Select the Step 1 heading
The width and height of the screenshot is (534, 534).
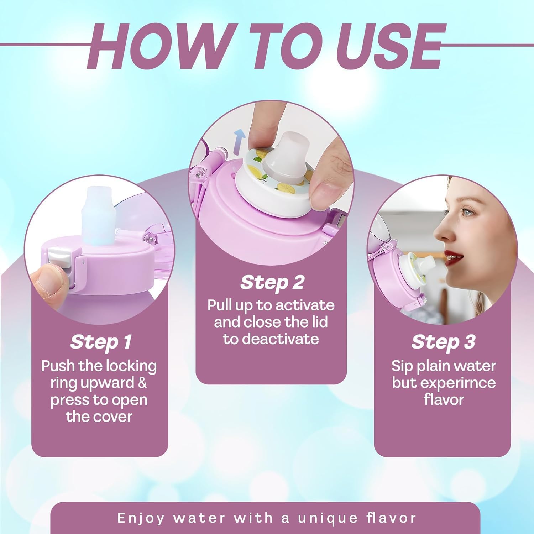coord(100,342)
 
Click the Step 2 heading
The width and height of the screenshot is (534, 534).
coord(272,283)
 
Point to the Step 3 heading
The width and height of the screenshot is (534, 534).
coord(443,342)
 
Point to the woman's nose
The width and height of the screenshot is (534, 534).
coord(443,230)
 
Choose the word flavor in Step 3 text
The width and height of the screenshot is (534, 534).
coord(444,399)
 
